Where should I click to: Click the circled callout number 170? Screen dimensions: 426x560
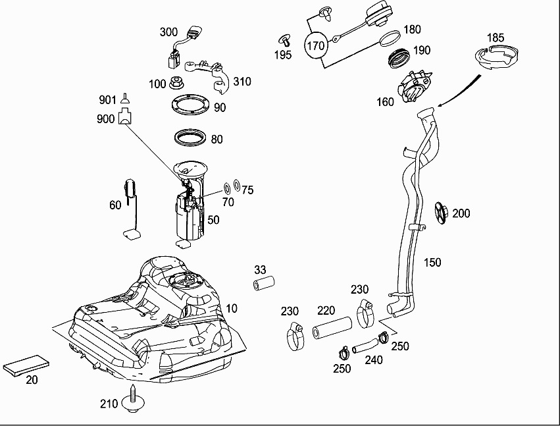pos(317,45)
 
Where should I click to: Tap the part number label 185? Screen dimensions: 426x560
pos(496,37)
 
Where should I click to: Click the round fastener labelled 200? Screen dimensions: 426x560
pos(442,213)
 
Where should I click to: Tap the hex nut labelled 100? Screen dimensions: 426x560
pos(176,83)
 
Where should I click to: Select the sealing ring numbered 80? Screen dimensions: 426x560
pos(188,138)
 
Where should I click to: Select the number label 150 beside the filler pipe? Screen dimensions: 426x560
pos(432,262)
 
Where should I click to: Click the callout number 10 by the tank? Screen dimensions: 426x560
pos(232,307)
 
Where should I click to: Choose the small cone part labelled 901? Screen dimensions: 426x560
pos(124,99)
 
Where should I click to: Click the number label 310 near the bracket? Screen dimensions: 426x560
pos(242,82)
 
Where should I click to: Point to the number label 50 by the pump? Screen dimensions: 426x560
pos(213,220)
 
